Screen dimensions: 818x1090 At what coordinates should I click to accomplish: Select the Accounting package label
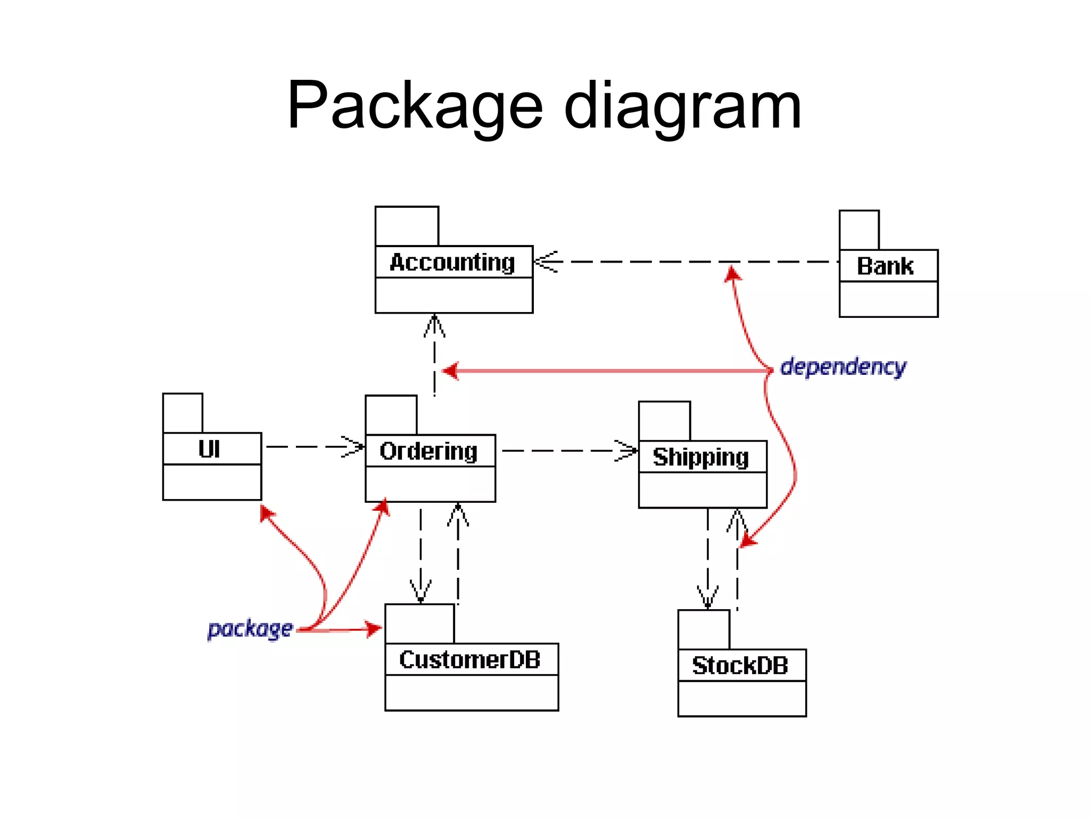452,263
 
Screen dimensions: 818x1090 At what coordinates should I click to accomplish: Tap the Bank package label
885,266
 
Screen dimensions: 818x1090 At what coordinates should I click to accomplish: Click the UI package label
209,449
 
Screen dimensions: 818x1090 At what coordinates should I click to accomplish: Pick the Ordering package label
428,452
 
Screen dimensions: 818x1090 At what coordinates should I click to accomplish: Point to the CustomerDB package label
469,660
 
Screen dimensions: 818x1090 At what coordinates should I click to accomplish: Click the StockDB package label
740,666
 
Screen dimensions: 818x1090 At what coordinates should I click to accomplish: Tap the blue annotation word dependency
843,367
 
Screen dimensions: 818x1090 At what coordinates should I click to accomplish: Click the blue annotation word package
250,629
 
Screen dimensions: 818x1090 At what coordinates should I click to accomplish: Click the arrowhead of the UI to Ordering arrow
353,447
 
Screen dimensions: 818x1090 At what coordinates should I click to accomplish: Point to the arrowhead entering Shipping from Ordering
626,451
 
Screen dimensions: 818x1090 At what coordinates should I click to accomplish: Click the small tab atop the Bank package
859,230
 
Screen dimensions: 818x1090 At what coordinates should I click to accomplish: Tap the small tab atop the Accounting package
407,226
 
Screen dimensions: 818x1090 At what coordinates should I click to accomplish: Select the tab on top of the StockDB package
704,629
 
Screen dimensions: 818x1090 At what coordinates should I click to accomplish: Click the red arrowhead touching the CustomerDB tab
373,629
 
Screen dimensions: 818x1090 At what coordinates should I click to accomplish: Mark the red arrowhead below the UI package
267,513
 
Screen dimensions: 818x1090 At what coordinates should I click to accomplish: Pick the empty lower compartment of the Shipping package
703,490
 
